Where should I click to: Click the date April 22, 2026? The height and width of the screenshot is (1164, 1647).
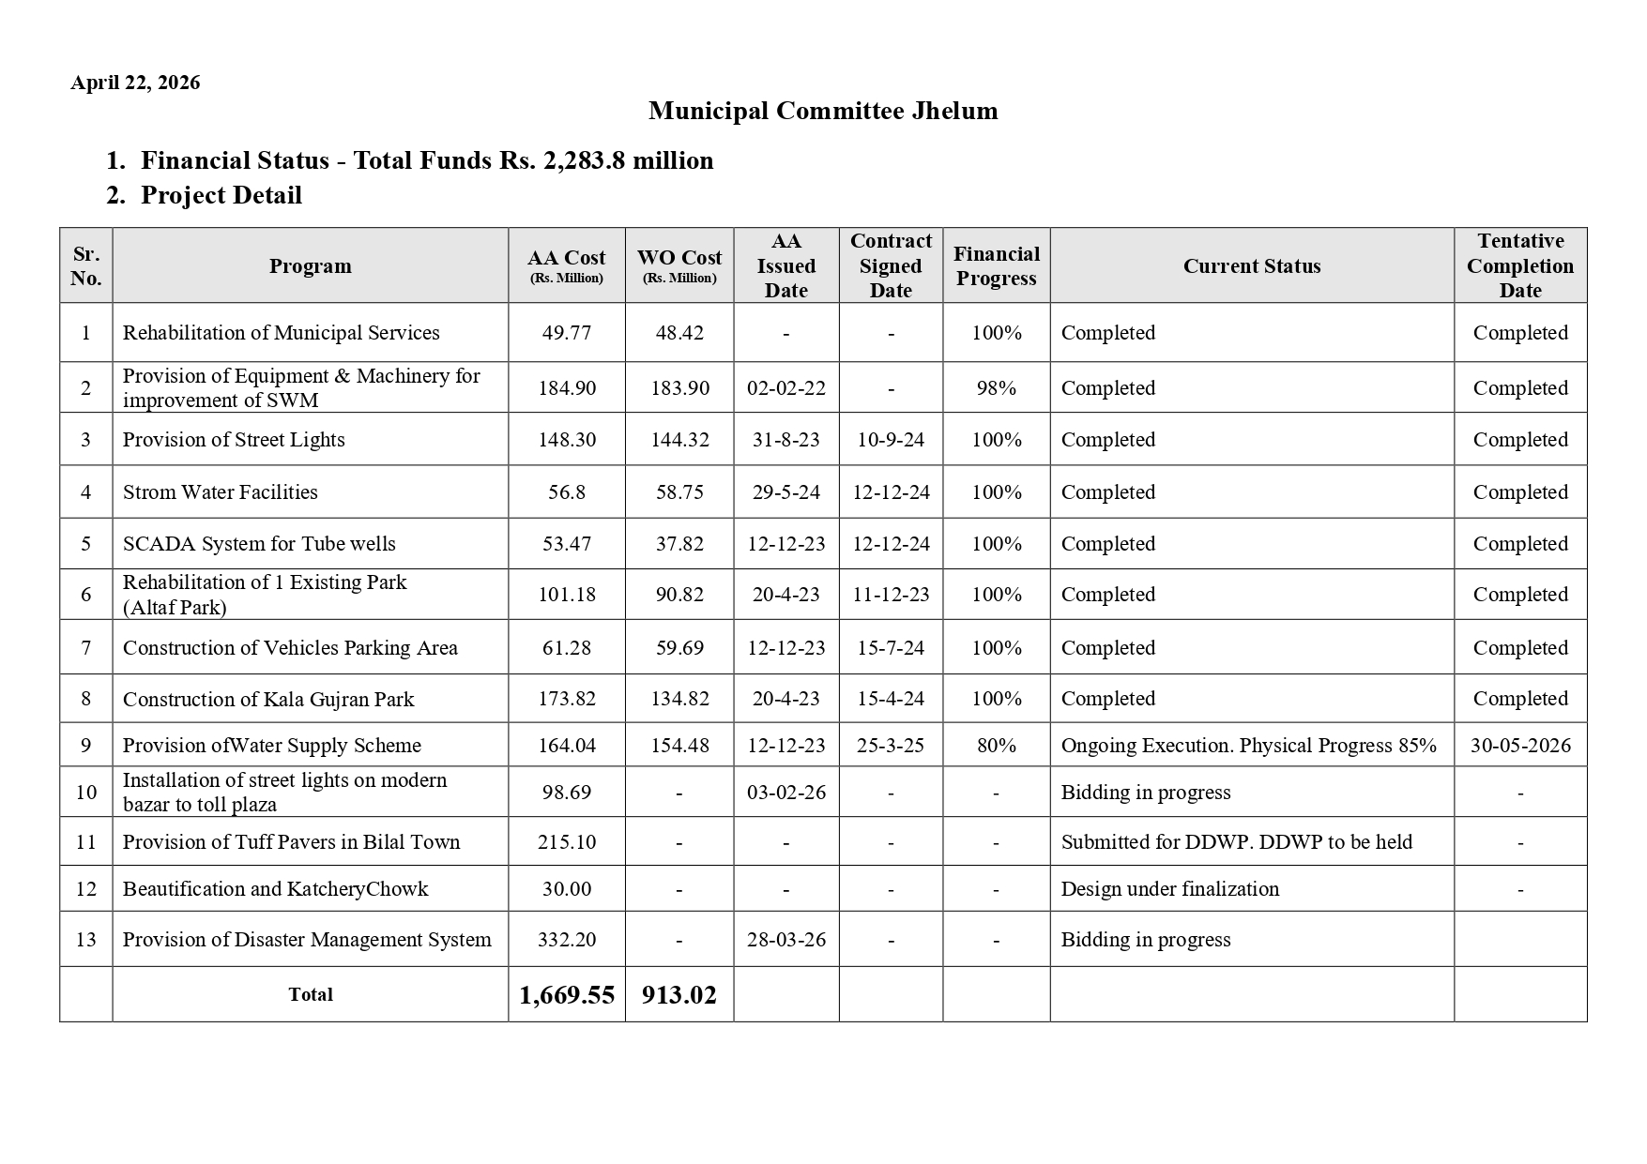[x=135, y=83]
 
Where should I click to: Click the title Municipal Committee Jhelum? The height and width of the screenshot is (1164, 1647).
[x=822, y=111]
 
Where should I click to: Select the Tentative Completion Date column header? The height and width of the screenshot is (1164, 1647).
[x=1519, y=265]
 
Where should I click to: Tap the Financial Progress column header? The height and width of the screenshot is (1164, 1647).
[x=996, y=265]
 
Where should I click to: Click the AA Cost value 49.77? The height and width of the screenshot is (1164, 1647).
[x=566, y=333]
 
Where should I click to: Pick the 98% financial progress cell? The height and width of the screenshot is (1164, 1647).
[x=996, y=388]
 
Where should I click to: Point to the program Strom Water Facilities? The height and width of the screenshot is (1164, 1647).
[x=221, y=492]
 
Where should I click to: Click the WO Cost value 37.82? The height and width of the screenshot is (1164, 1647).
[x=679, y=544]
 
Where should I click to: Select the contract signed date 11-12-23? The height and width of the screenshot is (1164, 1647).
[x=891, y=595]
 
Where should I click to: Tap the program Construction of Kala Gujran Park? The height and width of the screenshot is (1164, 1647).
[x=268, y=700]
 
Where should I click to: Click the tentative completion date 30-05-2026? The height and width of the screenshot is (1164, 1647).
[x=1520, y=746]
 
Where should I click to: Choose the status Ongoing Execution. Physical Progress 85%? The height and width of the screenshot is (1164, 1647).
[x=1248, y=746]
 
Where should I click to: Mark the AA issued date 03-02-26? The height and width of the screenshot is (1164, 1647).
[x=786, y=793]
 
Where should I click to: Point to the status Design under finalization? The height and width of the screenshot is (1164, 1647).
[x=1169, y=889]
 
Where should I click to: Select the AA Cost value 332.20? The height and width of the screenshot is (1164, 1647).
[x=566, y=940]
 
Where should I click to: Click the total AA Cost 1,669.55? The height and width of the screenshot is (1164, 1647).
[x=566, y=995]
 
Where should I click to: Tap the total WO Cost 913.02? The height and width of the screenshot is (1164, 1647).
[x=679, y=995]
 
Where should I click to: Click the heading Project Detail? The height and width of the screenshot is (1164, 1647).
[x=221, y=195]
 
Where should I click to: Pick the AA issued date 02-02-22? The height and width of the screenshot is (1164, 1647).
[x=786, y=388]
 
